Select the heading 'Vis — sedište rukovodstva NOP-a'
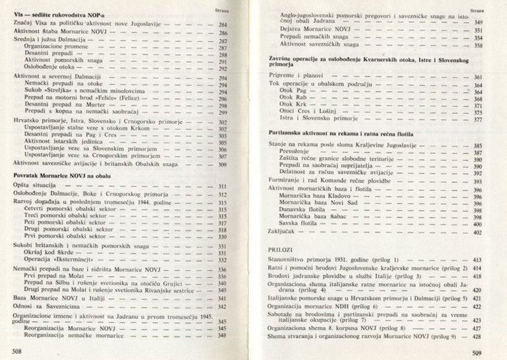click(53, 14)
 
